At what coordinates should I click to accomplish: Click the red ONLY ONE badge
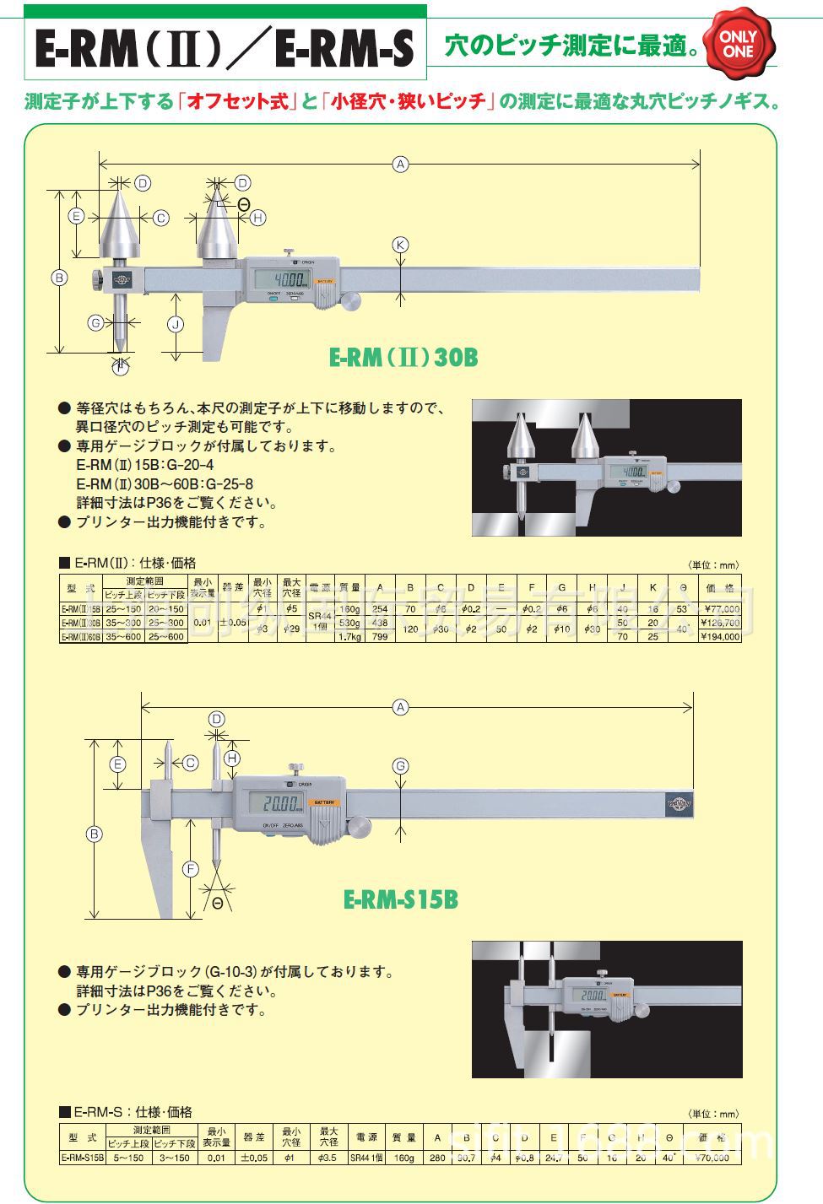pos(737,44)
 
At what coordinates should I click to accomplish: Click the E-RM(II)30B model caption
pos(403,358)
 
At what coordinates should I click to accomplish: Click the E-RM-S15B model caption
pos(400,899)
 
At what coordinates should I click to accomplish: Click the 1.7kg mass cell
pos(349,637)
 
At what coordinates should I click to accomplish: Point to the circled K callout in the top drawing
pos(401,246)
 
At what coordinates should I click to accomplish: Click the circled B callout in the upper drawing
pos(59,278)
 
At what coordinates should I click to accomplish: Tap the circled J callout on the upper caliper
pos(176,324)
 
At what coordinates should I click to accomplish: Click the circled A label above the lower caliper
pos(401,707)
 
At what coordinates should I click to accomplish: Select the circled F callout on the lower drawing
pos(191,868)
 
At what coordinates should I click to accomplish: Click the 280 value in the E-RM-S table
pos(436,1158)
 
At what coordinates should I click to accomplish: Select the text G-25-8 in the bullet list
pos(225,484)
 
